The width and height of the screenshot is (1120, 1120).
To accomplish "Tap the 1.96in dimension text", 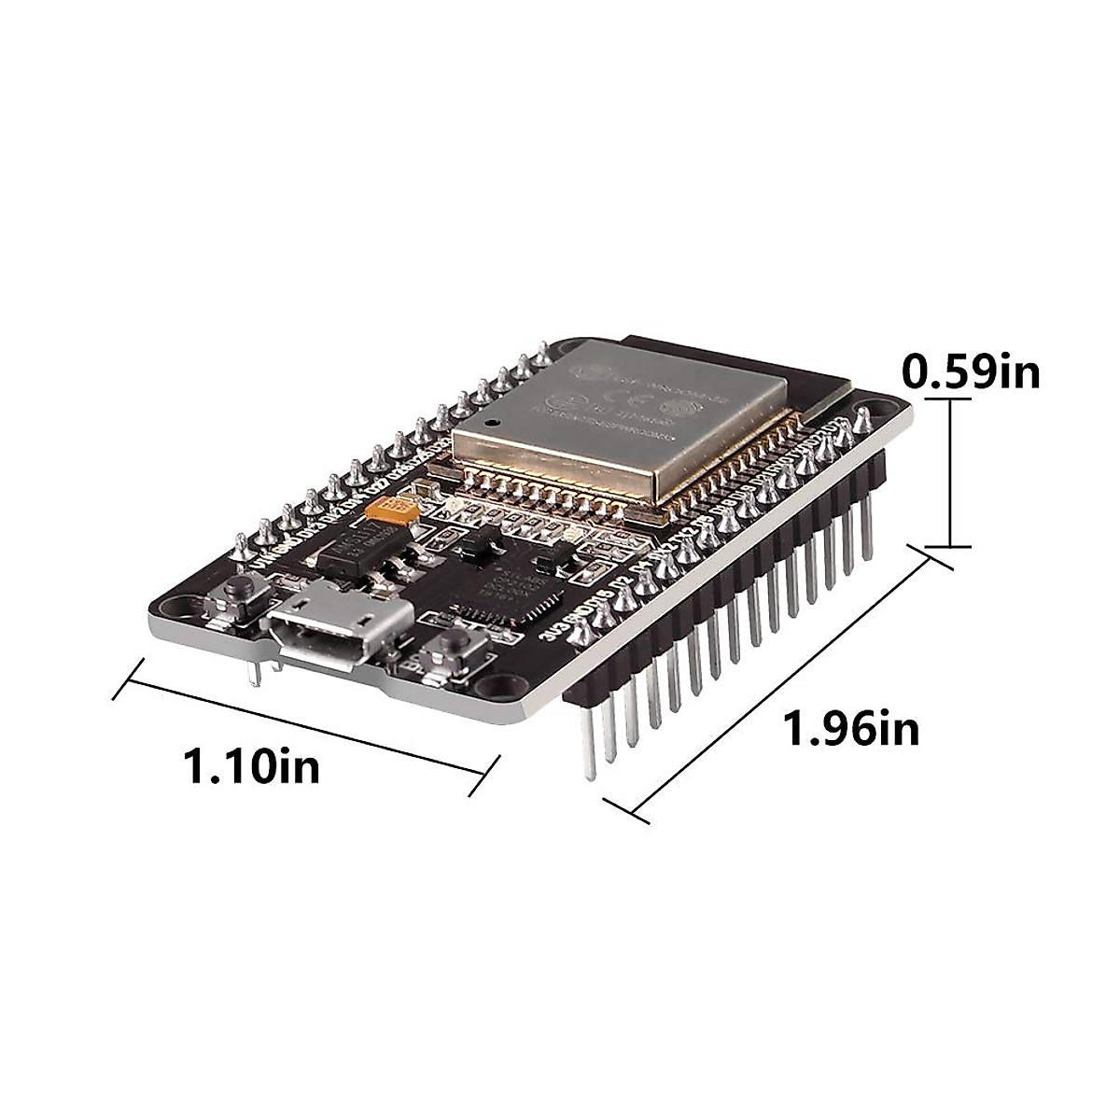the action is pos(851,728).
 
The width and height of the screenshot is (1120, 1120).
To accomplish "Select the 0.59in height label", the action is pos(971,372).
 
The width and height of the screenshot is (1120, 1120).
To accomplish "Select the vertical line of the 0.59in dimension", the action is pos(951,471).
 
